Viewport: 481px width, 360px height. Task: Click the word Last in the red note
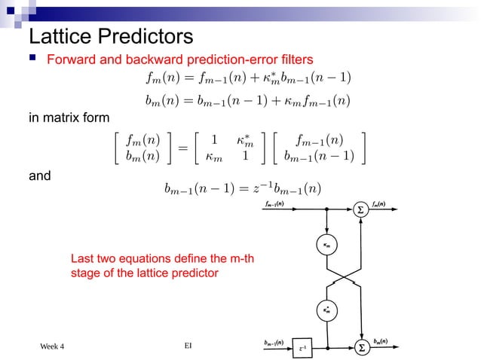[81, 259]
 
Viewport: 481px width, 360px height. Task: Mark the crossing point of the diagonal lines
[343, 278]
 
